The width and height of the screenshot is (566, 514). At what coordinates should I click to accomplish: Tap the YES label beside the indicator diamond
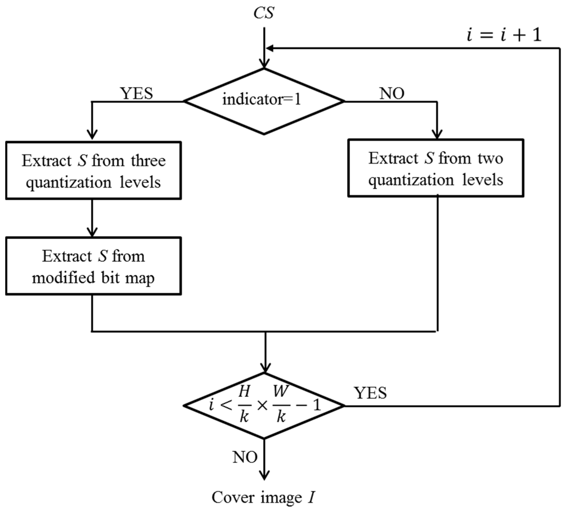coord(136,93)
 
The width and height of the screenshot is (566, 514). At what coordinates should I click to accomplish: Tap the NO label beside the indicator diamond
coord(392,93)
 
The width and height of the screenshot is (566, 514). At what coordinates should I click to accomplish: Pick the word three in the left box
coord(148,161)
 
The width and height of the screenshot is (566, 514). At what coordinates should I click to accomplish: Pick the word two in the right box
coord(490,159)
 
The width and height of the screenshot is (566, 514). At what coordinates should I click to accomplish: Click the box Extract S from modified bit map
coord(93,266)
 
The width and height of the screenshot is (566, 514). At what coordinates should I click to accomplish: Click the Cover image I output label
coord(263,497)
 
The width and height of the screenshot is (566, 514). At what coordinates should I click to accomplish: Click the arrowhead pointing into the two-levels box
coord(437,134)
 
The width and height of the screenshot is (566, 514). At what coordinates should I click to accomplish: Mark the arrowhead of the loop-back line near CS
coord(270,49)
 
